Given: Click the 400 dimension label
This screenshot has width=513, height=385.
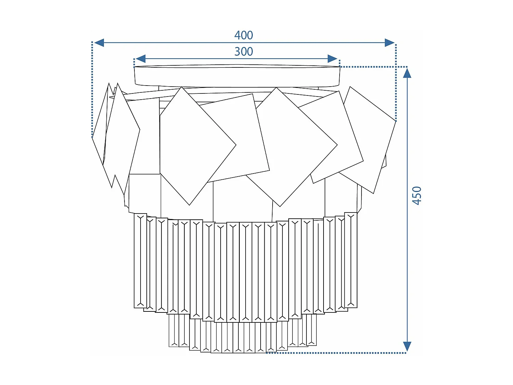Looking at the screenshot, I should [x=244, y=35].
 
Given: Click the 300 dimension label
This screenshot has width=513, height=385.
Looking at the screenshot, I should [x=244, y=52].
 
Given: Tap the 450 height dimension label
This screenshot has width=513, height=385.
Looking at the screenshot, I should [x=417, y=196].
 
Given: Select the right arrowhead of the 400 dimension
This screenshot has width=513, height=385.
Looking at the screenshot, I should [x=390, y=43].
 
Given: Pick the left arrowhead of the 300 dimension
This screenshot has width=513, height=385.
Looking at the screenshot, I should [x=141, y=59].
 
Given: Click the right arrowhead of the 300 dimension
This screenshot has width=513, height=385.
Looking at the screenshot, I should [x=332, y=59].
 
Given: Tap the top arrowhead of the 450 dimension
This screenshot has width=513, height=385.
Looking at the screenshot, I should [x=407, y=73].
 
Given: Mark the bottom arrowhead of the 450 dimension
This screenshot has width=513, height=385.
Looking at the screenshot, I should [x=407, y=346].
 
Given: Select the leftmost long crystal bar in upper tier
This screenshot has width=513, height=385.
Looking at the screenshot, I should [x=140, y=261].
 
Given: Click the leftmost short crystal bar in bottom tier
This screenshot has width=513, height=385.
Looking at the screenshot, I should [x=174, y=330].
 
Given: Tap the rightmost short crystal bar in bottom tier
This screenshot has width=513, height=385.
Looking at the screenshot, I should [x=312, y=330].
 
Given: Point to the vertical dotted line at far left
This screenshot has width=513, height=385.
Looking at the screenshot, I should [x=92, y=89].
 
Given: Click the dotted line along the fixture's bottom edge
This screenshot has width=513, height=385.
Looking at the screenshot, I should [x=335, y=353].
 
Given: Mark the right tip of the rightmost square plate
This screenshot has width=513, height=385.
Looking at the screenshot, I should [x=395, y=121].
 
